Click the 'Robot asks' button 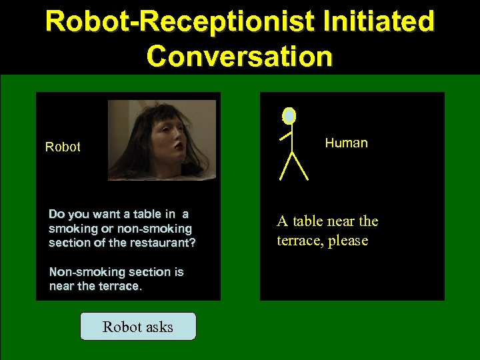tap(138, 327)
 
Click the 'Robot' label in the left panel tap(63, 147)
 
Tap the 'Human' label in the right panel tap(346, 143)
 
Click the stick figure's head tap(289, 116)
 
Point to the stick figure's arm tap(286, 135)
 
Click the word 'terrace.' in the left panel tap(120, 287)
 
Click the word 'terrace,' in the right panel tap(300, 240)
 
